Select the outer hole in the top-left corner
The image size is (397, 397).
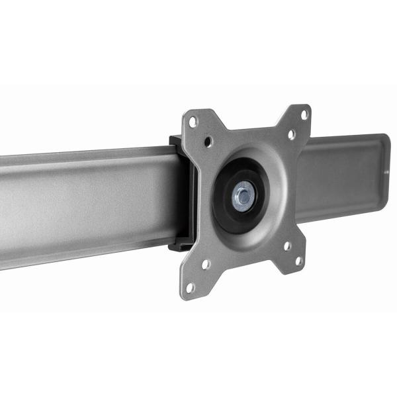coord(193,122)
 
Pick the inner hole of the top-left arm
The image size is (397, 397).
coord(209,141)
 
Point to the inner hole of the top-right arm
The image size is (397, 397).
coord(290,134)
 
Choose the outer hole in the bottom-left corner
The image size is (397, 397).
coord(191,288)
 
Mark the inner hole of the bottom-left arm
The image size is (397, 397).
coord(206,264)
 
